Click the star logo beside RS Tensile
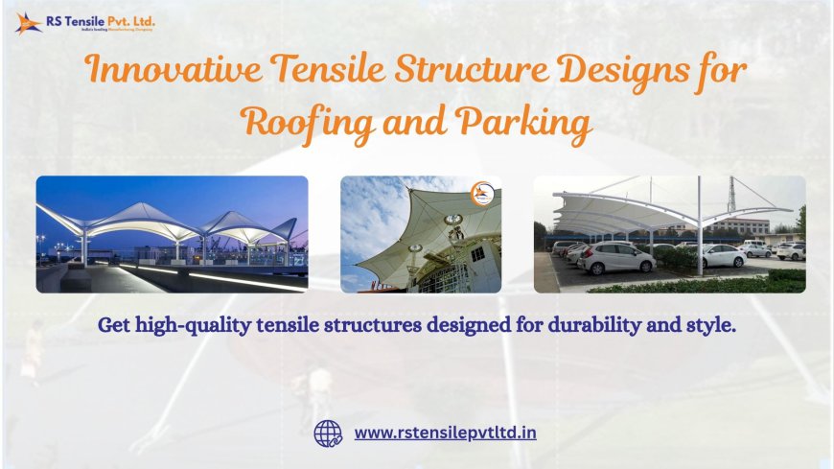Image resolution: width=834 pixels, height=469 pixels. pyautogui.click(x=28, y=22)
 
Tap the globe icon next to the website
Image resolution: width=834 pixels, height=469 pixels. pyautogui.click(x=328, y=434)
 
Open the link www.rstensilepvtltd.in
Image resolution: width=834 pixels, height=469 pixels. pyautogui.click(x=445, y=433)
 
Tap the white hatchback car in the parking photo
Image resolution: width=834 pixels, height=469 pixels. pyautogui.click(x=617, y=258)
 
